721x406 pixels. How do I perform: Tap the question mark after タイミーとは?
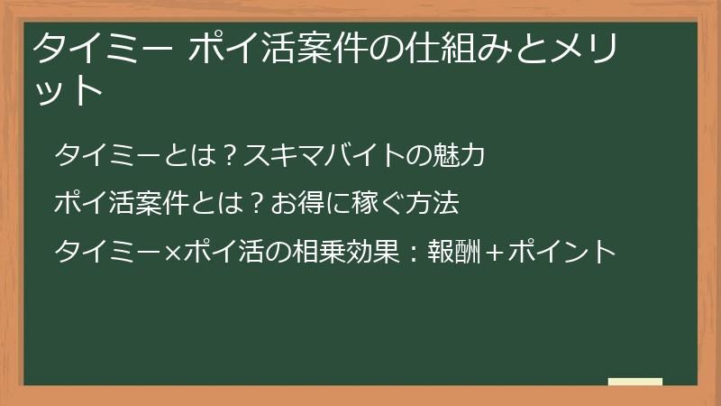pyautogui.click(x=230, y=155)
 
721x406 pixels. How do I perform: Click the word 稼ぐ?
pyautogui.click(x=375, y=204)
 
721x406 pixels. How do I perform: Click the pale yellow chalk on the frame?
pyautogui.click(x=635, y=382)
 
